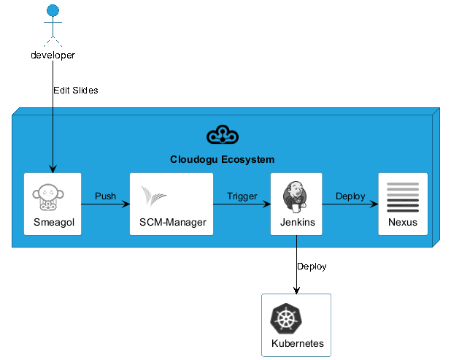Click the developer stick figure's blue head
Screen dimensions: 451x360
click(53, 10)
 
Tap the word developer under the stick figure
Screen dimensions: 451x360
click(53, 55)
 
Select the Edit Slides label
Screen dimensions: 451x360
click(76, 91)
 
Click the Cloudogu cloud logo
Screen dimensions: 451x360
click(223, 134)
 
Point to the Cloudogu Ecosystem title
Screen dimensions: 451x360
click(223, 159)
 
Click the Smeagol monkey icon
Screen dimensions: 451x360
click(48, 197)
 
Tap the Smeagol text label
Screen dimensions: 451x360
click(54, 222)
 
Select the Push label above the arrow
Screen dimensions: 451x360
click(105, 196)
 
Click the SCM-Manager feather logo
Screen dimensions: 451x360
click(153, 196)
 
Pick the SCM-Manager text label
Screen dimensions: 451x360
click(172, 222)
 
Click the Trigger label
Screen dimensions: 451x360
click(242, 196)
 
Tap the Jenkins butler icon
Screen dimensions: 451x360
click(295, 197)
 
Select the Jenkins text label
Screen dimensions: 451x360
click(298, 222)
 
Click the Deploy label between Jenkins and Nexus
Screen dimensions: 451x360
click(350, 196)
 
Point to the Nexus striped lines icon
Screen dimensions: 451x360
click(403, 197)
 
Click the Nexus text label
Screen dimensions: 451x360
click(403, 222)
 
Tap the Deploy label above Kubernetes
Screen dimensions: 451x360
click(312, 267)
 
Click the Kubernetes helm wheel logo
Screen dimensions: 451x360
click(286, 318)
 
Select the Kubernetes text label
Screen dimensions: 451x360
click(298, 343)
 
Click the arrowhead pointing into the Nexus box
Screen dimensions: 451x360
click(374, 204)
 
